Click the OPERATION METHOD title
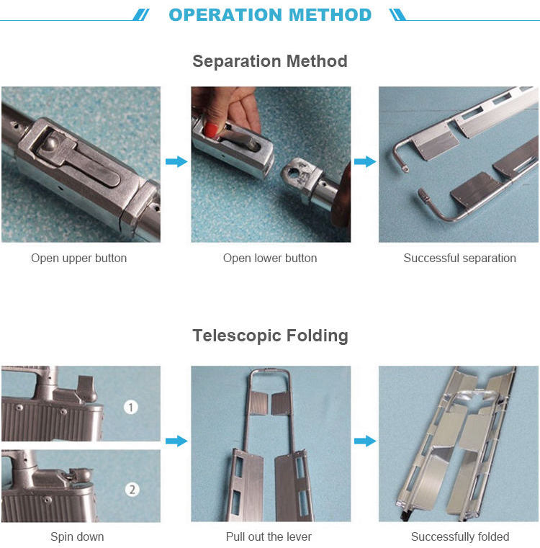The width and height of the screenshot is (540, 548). (270, 15)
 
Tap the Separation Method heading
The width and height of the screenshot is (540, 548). (270, 61)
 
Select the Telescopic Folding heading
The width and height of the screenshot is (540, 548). (270, 336)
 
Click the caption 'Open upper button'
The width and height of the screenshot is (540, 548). (79, 259)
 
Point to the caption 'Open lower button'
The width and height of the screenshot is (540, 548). (270, 259)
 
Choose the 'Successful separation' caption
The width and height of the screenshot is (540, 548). (459, 259)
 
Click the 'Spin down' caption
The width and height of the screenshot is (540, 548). (77, 536)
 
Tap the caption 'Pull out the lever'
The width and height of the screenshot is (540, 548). (269, 536)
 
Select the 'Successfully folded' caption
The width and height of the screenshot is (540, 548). (460, 536)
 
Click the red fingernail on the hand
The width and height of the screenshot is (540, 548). (210, 130)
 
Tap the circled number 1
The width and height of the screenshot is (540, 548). (131, 408)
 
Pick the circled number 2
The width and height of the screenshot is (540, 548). (132, 489)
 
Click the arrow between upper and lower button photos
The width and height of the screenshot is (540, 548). (176, 161)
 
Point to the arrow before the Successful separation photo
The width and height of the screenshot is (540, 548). (365, 161)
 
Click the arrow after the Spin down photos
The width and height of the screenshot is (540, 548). (176, 441)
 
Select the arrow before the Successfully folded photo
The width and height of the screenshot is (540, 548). (365, 441)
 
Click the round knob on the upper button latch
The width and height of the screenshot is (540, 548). (53, 143)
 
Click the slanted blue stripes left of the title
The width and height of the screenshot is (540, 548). (141, 15)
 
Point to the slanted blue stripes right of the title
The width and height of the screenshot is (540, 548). (397, 15)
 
